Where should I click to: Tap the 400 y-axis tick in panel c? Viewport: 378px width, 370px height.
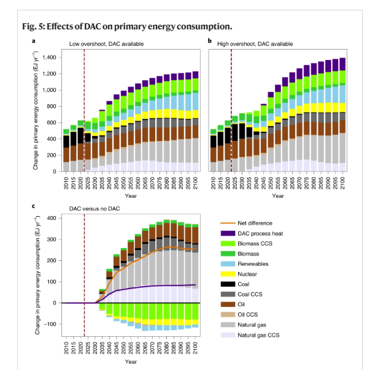pyautogui.click(x=54, y=219)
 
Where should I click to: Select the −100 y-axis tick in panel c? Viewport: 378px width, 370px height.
pyautogui.click(x=52, y=324)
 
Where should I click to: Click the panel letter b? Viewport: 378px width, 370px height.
pyautogui.click(x=210, y=41)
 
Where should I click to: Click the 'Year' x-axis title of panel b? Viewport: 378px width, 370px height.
pyautogui.click(x=278, y=195)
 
